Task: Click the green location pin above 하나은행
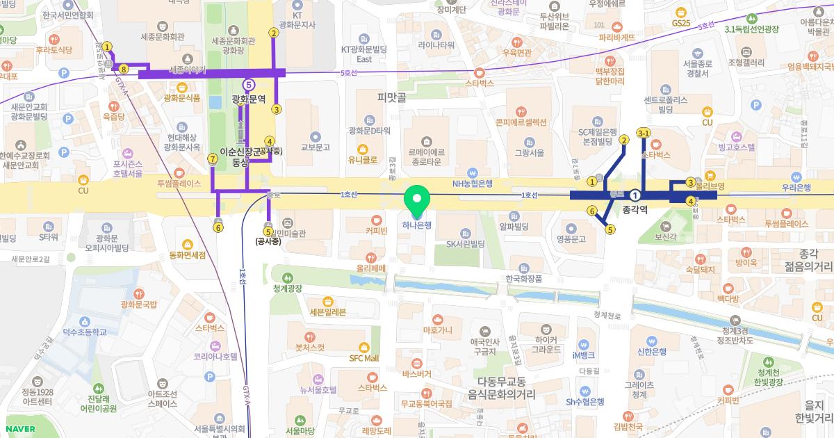[x=417, y=202]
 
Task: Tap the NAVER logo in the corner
[x=19, y=428]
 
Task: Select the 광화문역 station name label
[x=249, y=99]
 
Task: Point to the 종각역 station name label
[x=635, y=209]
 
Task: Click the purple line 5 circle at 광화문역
[x=249, y=85]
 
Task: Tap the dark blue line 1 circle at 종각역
[x=635, y=195]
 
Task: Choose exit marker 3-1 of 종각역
[x=643, y=133]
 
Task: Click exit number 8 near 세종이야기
[x=123, y=69]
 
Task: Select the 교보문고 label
[x=315, y=147]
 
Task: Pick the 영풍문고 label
[x=571, y=238]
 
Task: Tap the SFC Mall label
[x=363, y=358]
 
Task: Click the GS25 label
[x=681, y=23]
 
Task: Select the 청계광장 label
[x=287, y=288]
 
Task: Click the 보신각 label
[x=665, y=237]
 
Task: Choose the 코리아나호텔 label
[x=215, y=356]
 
